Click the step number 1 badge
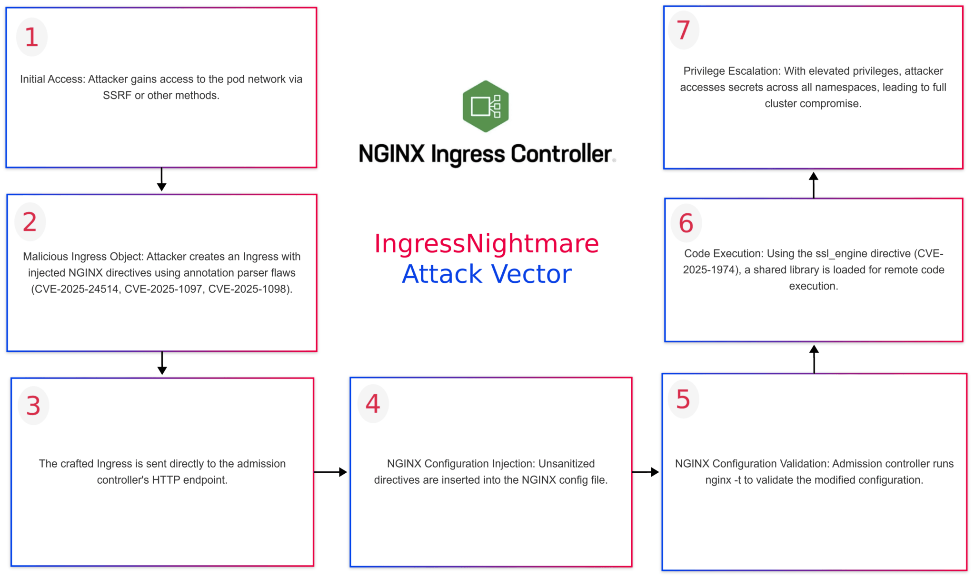tap(32, 37)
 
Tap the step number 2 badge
tap(30, 222)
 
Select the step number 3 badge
tap(33, 406)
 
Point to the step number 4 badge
tap(373, 404)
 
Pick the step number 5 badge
tap(683, 399)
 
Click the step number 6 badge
tap(686, 223)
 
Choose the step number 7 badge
tap(684, 30)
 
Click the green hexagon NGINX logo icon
tap(486, 106)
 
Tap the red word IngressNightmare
tap(486, 244)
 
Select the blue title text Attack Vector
tap(487, 274)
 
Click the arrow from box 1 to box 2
tap(161, 180)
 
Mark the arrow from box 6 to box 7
tap(814, 184)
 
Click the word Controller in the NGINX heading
tap(561, 154)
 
